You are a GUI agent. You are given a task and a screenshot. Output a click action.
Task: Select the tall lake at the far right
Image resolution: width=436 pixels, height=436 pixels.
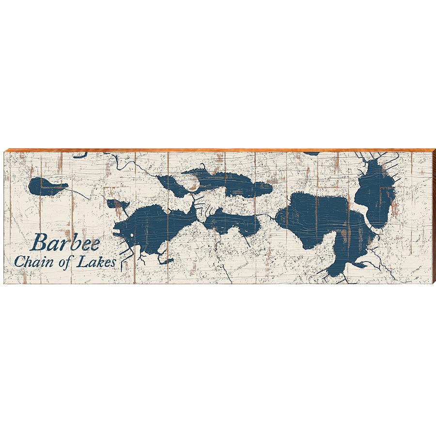(x=376, y=194)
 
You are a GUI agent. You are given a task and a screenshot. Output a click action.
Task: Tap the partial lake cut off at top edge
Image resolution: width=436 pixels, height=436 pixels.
(x=310, y=153)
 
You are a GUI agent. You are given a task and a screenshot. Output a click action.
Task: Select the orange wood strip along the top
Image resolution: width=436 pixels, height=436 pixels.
(x=218, y=150)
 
